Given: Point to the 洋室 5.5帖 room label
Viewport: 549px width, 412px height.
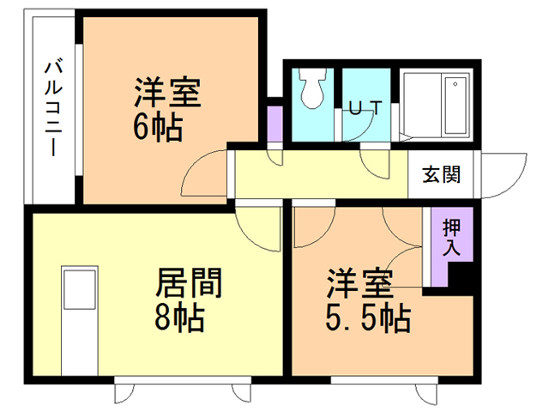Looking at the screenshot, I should (x=359, y=300).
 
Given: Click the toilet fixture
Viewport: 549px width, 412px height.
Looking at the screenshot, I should (x=311, y=89).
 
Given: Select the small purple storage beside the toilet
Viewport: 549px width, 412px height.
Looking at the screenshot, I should (x=274, y=122).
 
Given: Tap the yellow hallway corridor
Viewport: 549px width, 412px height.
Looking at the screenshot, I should (x=317, y=176).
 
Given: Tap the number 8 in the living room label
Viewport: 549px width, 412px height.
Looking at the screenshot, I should (x=164, y=318).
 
